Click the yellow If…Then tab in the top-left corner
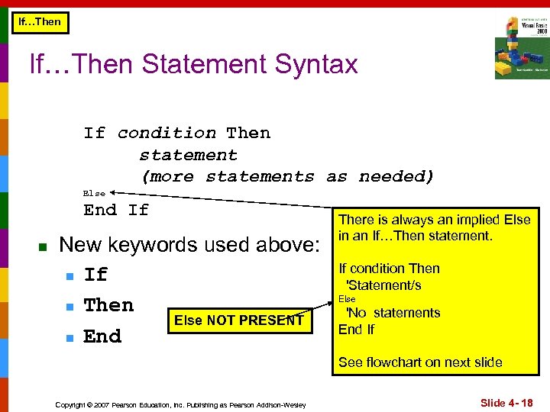pyautogui.click(x=39, y=22)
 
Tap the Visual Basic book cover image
pyautogui.click(x=521, y=47)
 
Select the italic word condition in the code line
pyautogui.click(x=167, y=134)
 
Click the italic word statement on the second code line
pyautogui.click(x=188, y=156)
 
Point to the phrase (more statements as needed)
pyautogui.click(x=287, y=177)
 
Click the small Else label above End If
pyautogui.click(x=94, y=194)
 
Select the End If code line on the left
pyautogui.click(x=116, y=210)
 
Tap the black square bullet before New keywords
pyautogui.click(x=43, y=246)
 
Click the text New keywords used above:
pyautogui.click(x=189, y=245)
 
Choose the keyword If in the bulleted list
pyautogui.click(x=95, y=275)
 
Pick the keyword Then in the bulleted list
pyautogui.click(x=108, y=305)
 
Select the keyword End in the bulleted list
pyautogui.click(x=102, y=336)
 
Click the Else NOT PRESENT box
pyautogui.click(x=238, y=320)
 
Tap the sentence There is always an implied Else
pyautogui.click(x=434, y=220)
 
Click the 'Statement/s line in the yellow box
pyautogui.click(x=383, y=285)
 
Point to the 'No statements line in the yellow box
pyautogui.click(x=393, y=313)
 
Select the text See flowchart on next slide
pyautogui.click(x=420, y=362)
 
